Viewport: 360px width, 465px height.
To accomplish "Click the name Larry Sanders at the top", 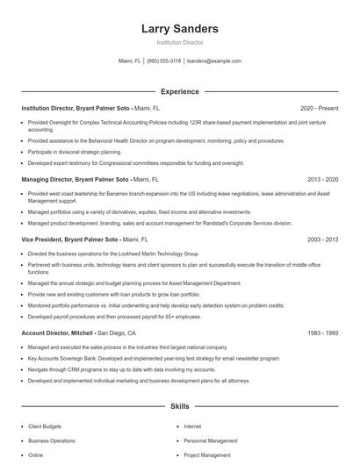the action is [179, 29].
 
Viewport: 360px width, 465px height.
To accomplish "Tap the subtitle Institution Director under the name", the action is [179, 42].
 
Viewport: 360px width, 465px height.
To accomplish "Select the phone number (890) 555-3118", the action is [164, 61].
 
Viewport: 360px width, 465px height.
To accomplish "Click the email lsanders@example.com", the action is [214, 61].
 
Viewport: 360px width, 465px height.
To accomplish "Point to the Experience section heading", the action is [179, 91].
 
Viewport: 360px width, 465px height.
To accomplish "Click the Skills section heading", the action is [179, 407].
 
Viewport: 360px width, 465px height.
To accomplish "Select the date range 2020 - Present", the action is [319, 108].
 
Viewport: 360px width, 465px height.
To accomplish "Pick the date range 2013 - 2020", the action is [321, 178].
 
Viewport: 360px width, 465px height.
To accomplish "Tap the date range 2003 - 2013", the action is [321, 239].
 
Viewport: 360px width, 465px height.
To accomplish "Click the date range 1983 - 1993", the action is [321, 333].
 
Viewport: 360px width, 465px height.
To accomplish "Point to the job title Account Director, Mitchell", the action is [56, 333].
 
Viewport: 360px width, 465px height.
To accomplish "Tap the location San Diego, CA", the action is [117, 333].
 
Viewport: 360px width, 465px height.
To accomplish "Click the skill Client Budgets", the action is [45, 426].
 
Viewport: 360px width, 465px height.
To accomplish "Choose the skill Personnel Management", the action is [210, 440].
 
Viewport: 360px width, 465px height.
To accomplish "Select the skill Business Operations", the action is [51, 440].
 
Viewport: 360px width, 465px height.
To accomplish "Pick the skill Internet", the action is [192, 426].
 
